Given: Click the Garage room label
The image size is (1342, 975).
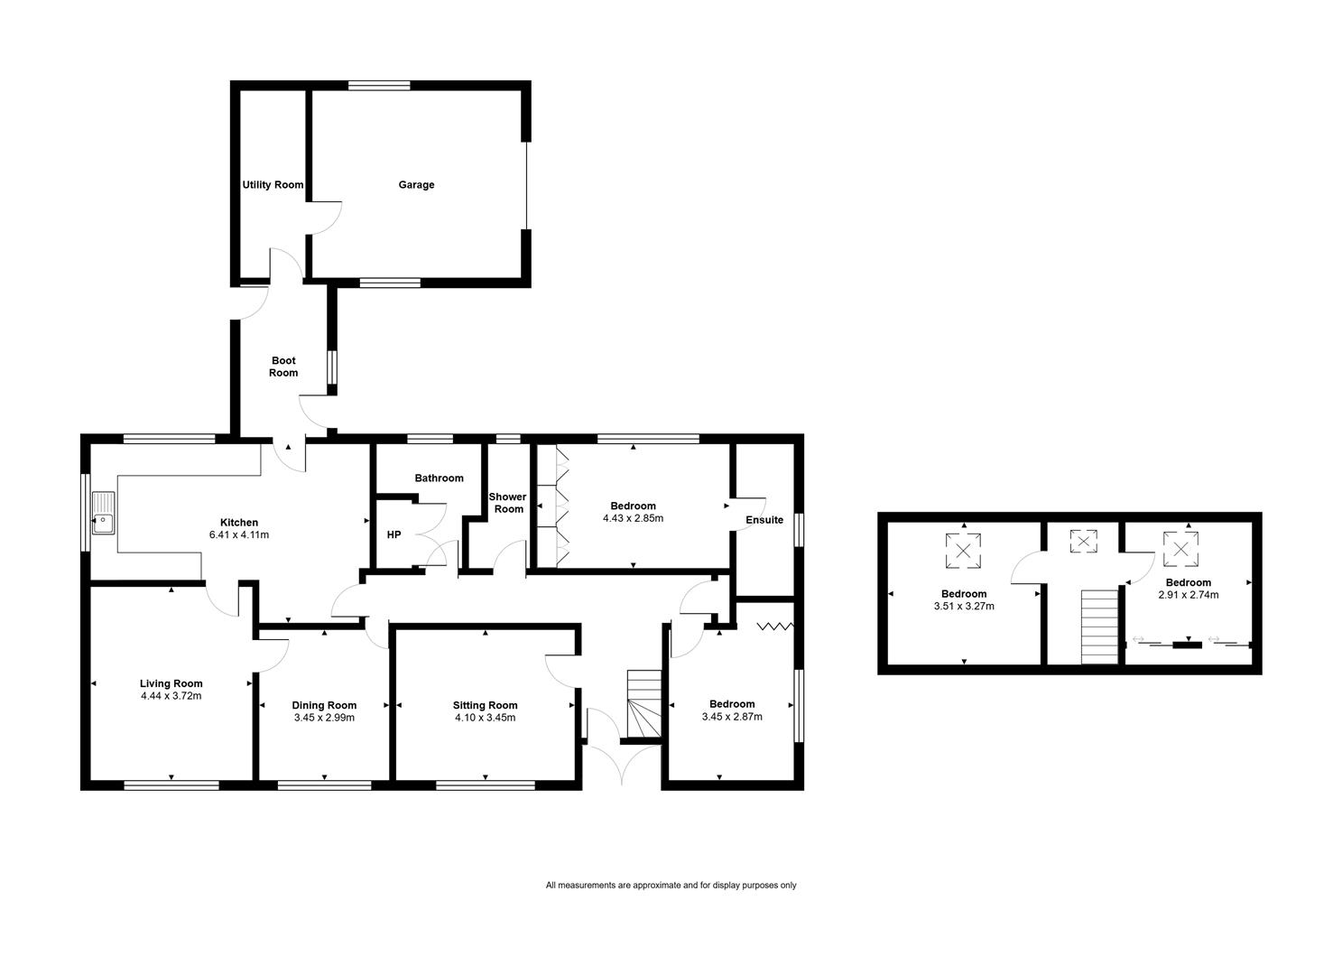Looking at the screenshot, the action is pyautogui.click(x=416, y=184).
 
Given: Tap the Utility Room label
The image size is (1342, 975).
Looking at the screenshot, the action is pyautogui.click(x=273, y=184).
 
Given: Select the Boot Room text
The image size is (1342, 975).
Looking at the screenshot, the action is pyautogui.click(x=283, y=367).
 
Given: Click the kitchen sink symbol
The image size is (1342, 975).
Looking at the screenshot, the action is pyautogui.click(x=104, y=513).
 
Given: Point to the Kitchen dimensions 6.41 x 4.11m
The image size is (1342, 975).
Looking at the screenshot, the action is pyautogui.click(x=239, y=534).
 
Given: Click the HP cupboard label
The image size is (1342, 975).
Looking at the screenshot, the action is pyautogui.click(x=393, y=534).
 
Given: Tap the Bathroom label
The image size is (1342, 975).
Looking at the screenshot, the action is pyautogui.click(x=440, y=478).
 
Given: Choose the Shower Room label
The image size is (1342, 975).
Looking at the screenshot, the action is pyautogui.click(x=508, y=503).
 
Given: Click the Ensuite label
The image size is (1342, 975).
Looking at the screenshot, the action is pyautogui.click(x=764, y=520).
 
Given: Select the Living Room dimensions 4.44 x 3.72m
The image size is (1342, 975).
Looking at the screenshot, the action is pyautogui.click(x=171, y=696).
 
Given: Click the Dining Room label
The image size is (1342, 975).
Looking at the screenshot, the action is pyautogui.click(x=324, y=705).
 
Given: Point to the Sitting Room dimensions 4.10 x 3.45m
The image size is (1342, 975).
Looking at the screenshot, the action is pyautogui.click(x=486, y=718).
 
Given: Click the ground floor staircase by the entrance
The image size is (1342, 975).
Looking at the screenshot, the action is pyautogui.click(x=644, y=703).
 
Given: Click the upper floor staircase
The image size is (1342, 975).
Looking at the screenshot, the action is pyautogui.click(x=1099, y=627).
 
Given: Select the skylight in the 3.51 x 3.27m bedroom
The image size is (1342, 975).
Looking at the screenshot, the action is pyautogui.click(x=963, y=550).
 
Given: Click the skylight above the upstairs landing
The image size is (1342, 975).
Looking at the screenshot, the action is pyautogui.click(x=1083, y=541).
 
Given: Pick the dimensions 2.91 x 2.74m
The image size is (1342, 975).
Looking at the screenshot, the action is pyautogui.click(x=1188, y=594).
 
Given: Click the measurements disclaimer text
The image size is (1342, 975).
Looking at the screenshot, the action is pyautogui.click(x=671, y=885).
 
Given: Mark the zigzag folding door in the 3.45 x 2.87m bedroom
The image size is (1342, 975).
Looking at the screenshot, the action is pyautogui.click(x=775, y=627).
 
